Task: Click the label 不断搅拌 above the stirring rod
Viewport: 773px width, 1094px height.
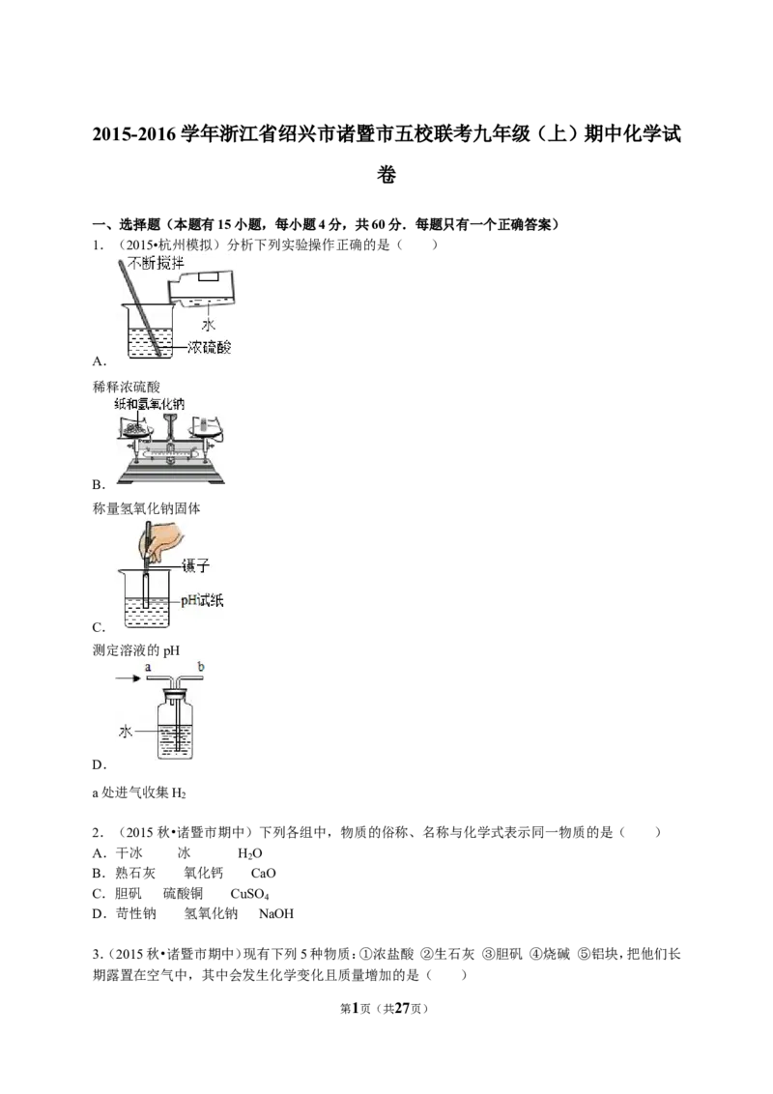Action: click(157, 263)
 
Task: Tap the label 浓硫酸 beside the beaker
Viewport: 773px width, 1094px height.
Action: click(209, 347)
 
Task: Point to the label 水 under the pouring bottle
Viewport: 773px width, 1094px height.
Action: click(208, 324)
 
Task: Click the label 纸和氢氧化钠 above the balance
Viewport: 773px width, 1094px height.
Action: click(150, 404)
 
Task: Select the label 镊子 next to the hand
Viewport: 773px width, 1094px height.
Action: click(195, 565)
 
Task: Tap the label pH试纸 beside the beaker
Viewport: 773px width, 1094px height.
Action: click(202, 600)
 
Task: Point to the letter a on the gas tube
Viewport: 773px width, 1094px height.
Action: click(148, 668)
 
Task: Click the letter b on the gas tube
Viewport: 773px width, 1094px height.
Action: click(201, 667)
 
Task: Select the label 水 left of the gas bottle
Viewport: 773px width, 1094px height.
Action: click(126, 732)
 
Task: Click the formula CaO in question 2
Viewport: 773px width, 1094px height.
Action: click(263, 873)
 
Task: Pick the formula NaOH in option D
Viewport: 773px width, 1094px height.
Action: click(276, 913)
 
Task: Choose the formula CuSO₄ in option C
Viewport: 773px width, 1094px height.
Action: click(249, 894)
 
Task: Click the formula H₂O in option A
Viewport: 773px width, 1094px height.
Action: click(249, 853)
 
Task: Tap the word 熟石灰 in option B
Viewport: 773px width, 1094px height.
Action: click(135, 873)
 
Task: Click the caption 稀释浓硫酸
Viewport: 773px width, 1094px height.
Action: click(127, 387)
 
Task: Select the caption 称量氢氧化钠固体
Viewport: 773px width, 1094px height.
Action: click(147, 508)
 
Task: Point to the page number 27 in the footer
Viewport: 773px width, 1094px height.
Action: click(402, 1008)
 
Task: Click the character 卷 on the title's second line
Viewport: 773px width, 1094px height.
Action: click(386, 174)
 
